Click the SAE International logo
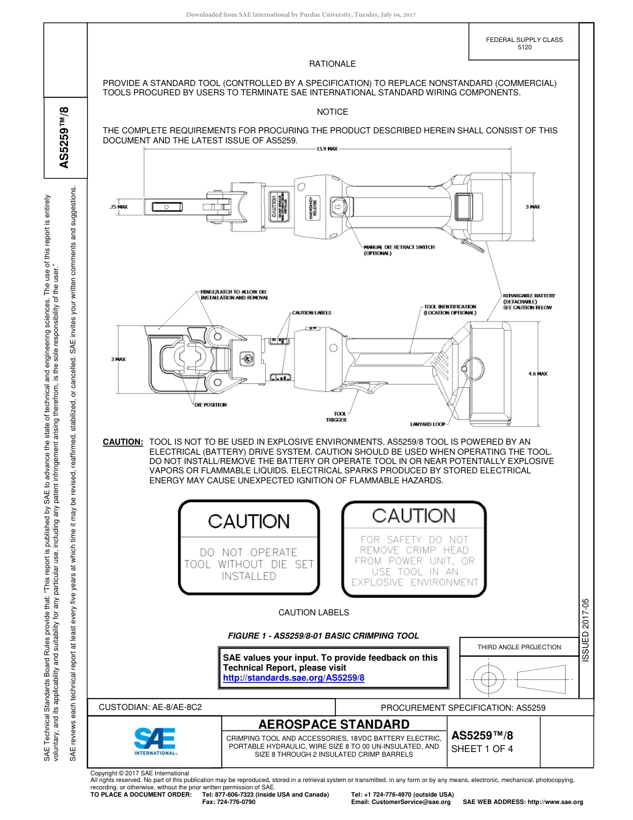(155, 740)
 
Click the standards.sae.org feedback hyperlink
(293, 677)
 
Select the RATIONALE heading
(332, 64)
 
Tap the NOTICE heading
(332, 112)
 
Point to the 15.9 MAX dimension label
(326, 149)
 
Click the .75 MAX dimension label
(118, 207)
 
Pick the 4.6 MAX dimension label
(537, 374)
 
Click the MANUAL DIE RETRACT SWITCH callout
(398, 250)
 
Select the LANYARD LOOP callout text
(427, 424)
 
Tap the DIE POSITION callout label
(211, 405)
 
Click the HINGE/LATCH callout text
(234, 295)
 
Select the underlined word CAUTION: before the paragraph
(123, 442)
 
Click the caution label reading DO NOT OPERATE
(249, 549)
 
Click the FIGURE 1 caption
(323, 635)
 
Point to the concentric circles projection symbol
(488, 679)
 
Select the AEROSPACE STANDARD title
(334, 724)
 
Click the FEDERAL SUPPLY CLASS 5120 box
(524, 43)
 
